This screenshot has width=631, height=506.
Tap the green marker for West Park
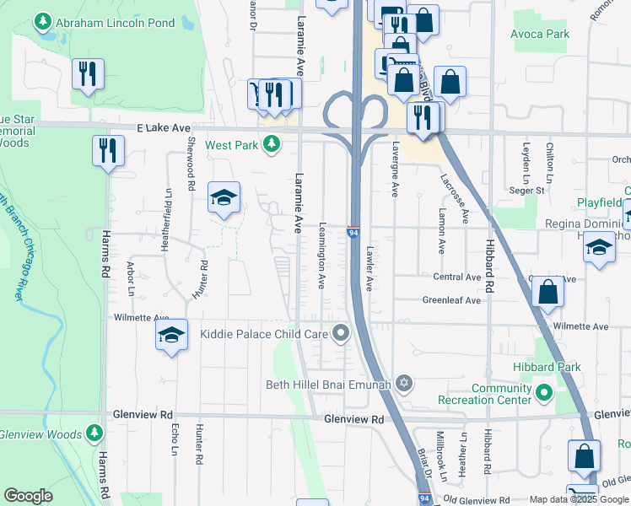[x=271, y=145]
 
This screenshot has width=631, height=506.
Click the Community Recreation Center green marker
[x=544, y=392]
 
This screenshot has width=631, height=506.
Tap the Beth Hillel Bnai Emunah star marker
[x=404, y=384]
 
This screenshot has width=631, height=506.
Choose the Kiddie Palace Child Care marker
[x=341, y=334]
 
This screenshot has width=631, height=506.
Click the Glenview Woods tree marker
[x=94, y=433]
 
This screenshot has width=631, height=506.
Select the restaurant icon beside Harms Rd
[x=109, y=151]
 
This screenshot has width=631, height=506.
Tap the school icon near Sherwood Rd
[x=224, y=198]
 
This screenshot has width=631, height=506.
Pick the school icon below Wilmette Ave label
[x=171, y=336]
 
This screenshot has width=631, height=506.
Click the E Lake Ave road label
[x=164, y=128]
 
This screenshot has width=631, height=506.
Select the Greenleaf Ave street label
[x=451, y=300]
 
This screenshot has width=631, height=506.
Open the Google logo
[x=29, y=496]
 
